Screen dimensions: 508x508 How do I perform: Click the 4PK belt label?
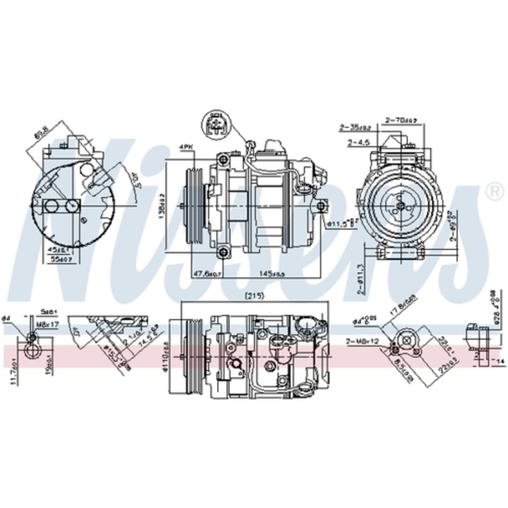pos(186,147)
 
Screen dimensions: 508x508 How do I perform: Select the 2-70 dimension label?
pos(401,120)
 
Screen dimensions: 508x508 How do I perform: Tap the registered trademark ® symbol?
pos(492,190)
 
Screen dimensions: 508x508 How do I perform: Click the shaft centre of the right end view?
pos(400,205)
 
